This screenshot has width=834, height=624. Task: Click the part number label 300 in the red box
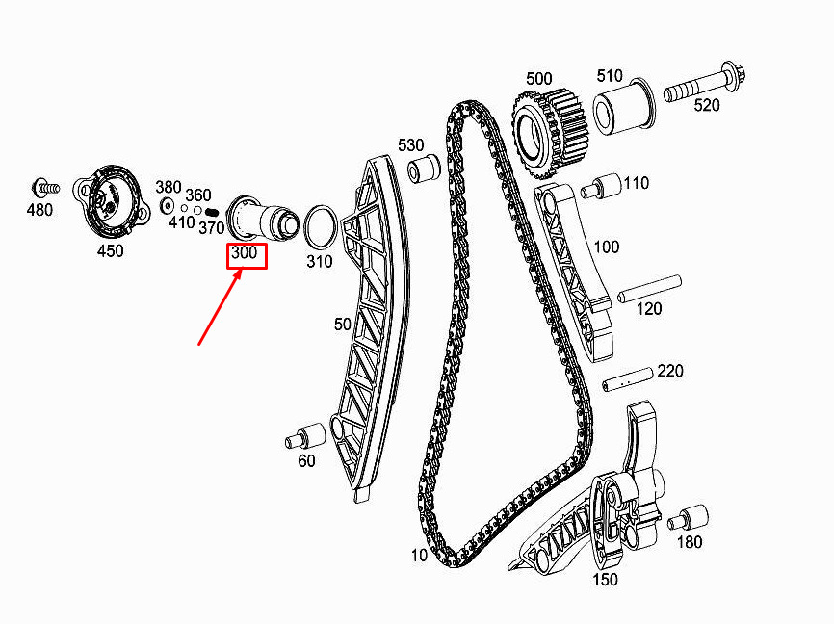(x=245, y=255)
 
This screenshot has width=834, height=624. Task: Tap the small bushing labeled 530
(x=424, y=169)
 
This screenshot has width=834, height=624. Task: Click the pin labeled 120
(x=649, y=288)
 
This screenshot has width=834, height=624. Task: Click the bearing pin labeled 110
(x=600, y=186)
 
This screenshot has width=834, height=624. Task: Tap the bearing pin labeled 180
(x=688, y=516)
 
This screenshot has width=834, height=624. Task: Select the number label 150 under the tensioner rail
(x=605, y=580)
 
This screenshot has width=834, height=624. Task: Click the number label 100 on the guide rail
(x=607, y=247)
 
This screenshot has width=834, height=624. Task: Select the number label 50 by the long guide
(x=343, y=325)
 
